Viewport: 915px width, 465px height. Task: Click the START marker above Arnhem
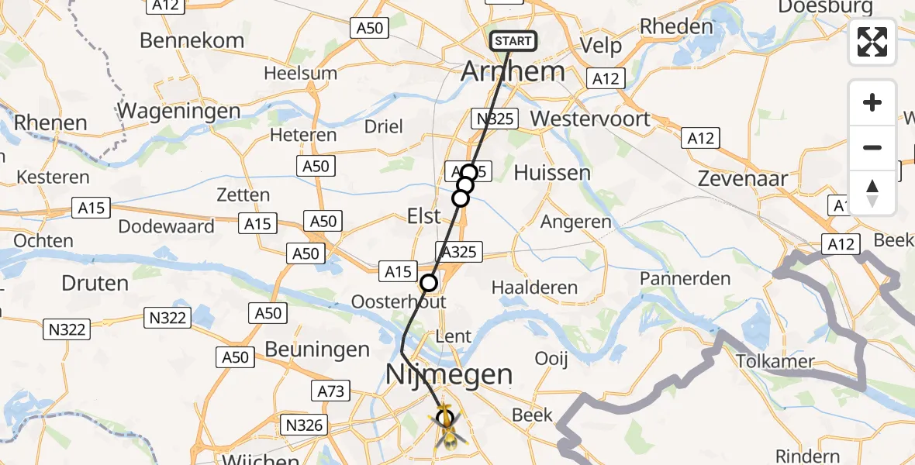point(513,41)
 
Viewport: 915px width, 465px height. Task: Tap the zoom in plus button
point(872,102)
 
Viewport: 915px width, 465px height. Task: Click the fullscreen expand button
point(872,42)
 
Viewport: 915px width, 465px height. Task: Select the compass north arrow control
point(872,192)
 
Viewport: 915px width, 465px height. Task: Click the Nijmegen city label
point(450,376)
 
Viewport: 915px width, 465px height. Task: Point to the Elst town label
point(423,217)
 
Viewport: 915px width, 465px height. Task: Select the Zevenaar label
point(743,178)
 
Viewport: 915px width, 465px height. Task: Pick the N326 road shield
point(305,425)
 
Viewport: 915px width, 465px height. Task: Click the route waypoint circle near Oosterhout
point(429,283)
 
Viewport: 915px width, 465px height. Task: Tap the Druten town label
point(95,283)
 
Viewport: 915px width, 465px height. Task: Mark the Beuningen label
point(317,350)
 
